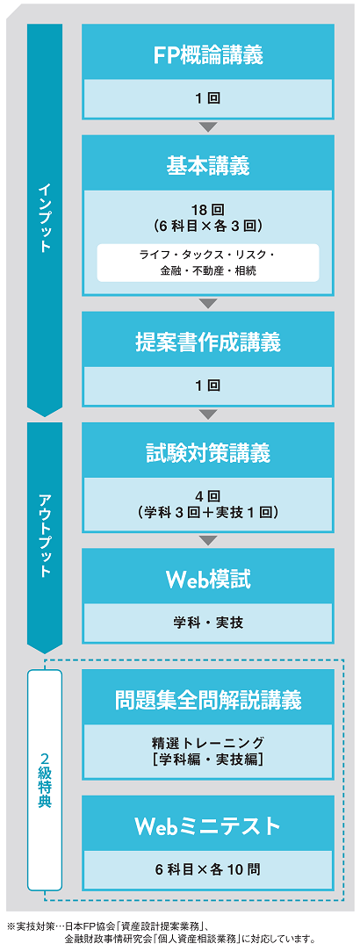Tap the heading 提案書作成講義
click(x=208, y=342)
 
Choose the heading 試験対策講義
click(x=208, y=453)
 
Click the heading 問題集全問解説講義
click(x=208, y=700)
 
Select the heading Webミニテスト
click(x=208, y=826)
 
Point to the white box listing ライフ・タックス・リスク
click(x=208, y=262)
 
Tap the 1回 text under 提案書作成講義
click(x=208, y=385)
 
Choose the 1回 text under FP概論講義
click(x=208, y=99)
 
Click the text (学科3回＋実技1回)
click(x=208, y=513)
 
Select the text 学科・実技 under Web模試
click(x=208, y=623)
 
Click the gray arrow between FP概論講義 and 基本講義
click(x=208, y=126)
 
